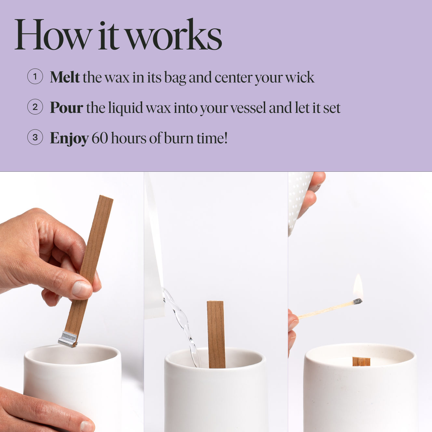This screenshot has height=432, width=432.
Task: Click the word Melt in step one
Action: (x=64, y=77)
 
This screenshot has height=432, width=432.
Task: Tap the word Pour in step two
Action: (x=66, y=108)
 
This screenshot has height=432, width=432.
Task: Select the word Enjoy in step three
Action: (x=69, y=138)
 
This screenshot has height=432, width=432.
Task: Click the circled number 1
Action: (x=35, y=77)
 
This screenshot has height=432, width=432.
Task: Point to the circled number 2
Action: (x=35, y=107)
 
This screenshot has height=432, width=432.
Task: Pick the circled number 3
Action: (x=35, y=137)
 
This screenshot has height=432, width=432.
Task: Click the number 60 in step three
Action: (x=100, y=138)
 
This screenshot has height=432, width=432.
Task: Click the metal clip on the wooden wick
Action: (x=68, y=339)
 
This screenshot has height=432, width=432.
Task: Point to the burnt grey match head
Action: (x=358, y=302)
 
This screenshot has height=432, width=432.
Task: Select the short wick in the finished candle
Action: (x=361, y=361)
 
